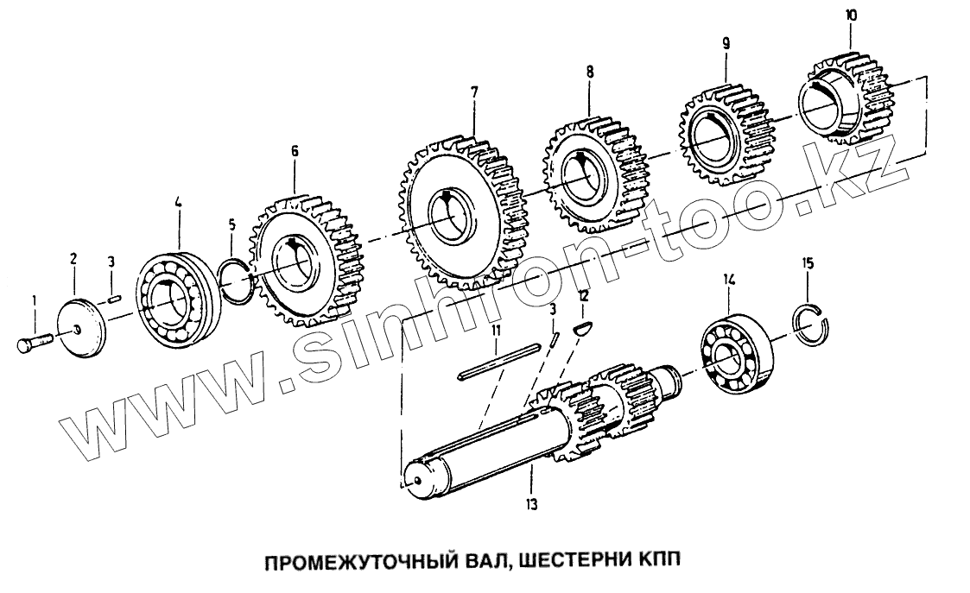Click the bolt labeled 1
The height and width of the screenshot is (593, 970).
pyautogui.click(x=33, y=343)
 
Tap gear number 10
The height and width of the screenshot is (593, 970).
pyautogui.click(x=846, y=95)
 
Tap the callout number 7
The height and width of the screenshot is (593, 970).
pyautogui.click(x=474, y=91)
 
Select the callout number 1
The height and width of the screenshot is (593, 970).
pyautogui.click(x=34, y=300)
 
